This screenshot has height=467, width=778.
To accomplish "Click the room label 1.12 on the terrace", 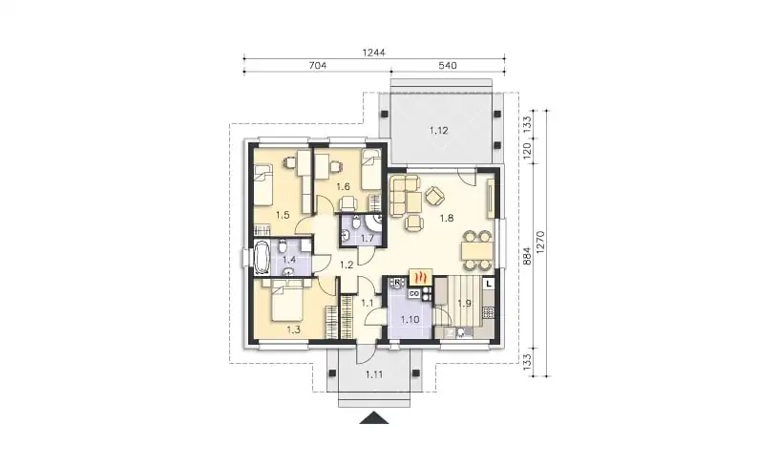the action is pyautogui.click(x=438, y=131).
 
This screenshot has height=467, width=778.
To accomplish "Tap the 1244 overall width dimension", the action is pyautogui.click(x=373, y=53).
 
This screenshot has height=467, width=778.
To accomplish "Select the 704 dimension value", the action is pyautogui.click(x=318, y=65).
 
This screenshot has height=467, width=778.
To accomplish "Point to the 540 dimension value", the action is pyautogui.click(x=448, y=65).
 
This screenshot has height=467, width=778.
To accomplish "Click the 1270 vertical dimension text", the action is pyautogui.click(x=541, y=243).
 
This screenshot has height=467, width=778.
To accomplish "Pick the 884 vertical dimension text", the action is pyautogui.click(x=528, y=256).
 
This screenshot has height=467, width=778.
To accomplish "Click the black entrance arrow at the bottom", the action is pyautogui.click(x=374, y=418).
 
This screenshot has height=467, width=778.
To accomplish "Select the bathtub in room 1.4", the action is pyautogui.click(x=262, y=258).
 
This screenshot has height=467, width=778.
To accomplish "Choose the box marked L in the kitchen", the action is pyautogui.click(x=489, y=284).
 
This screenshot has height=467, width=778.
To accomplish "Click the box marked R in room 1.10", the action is pyautogui.click(x=397, y=283).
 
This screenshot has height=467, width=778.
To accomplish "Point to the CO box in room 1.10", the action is pyautogui.click(x=413, y=294).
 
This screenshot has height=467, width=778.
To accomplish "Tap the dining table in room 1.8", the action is pyautogui.click(x=477, y=250).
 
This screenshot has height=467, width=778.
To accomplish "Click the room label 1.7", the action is pyautogui.click(x=368, y=238).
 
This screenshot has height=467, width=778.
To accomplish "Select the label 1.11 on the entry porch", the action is pyautogui.click(x=374, y=374).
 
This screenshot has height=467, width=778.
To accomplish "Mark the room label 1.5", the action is pyautogui.click(x=283, y=215).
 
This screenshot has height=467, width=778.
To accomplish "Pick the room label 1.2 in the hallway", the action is pyautogui.click(x=347, y=265).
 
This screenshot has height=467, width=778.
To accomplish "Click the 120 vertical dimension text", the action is pyautogui.click(x=528, y=149).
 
